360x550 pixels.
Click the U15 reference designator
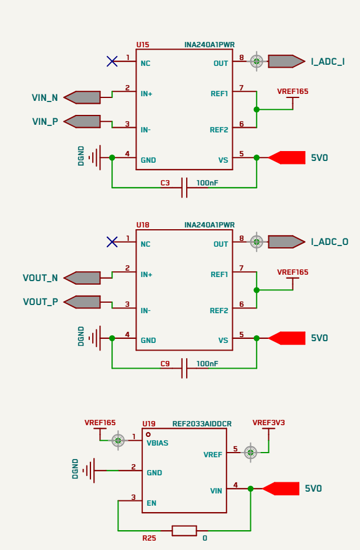pos(142,44)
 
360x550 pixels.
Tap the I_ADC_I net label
pos(328,62)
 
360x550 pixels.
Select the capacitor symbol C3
pos(184,188)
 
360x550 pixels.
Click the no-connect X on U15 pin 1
pos(112,61)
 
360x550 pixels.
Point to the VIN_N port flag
pos(82,97)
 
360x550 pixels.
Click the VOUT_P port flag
pos(82,302)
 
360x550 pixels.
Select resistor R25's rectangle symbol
pos(184,531)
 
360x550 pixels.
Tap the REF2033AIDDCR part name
pos(202,423)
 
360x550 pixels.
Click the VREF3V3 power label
pos(269,423)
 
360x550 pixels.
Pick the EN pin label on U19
pos(151,503)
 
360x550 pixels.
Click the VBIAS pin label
pos(158,443)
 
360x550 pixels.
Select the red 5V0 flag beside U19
pos(281,489)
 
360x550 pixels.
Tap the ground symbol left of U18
pos(94,338)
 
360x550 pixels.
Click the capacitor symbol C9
pos(184,368)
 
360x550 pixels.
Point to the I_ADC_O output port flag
pos(286,241)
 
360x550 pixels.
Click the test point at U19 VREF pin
pos(250,453)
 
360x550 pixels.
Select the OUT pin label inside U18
pos(221,244)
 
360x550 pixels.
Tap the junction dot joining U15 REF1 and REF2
pos(257,110)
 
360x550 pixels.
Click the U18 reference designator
pos(142,225)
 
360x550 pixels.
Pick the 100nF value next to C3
pos(207,183)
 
